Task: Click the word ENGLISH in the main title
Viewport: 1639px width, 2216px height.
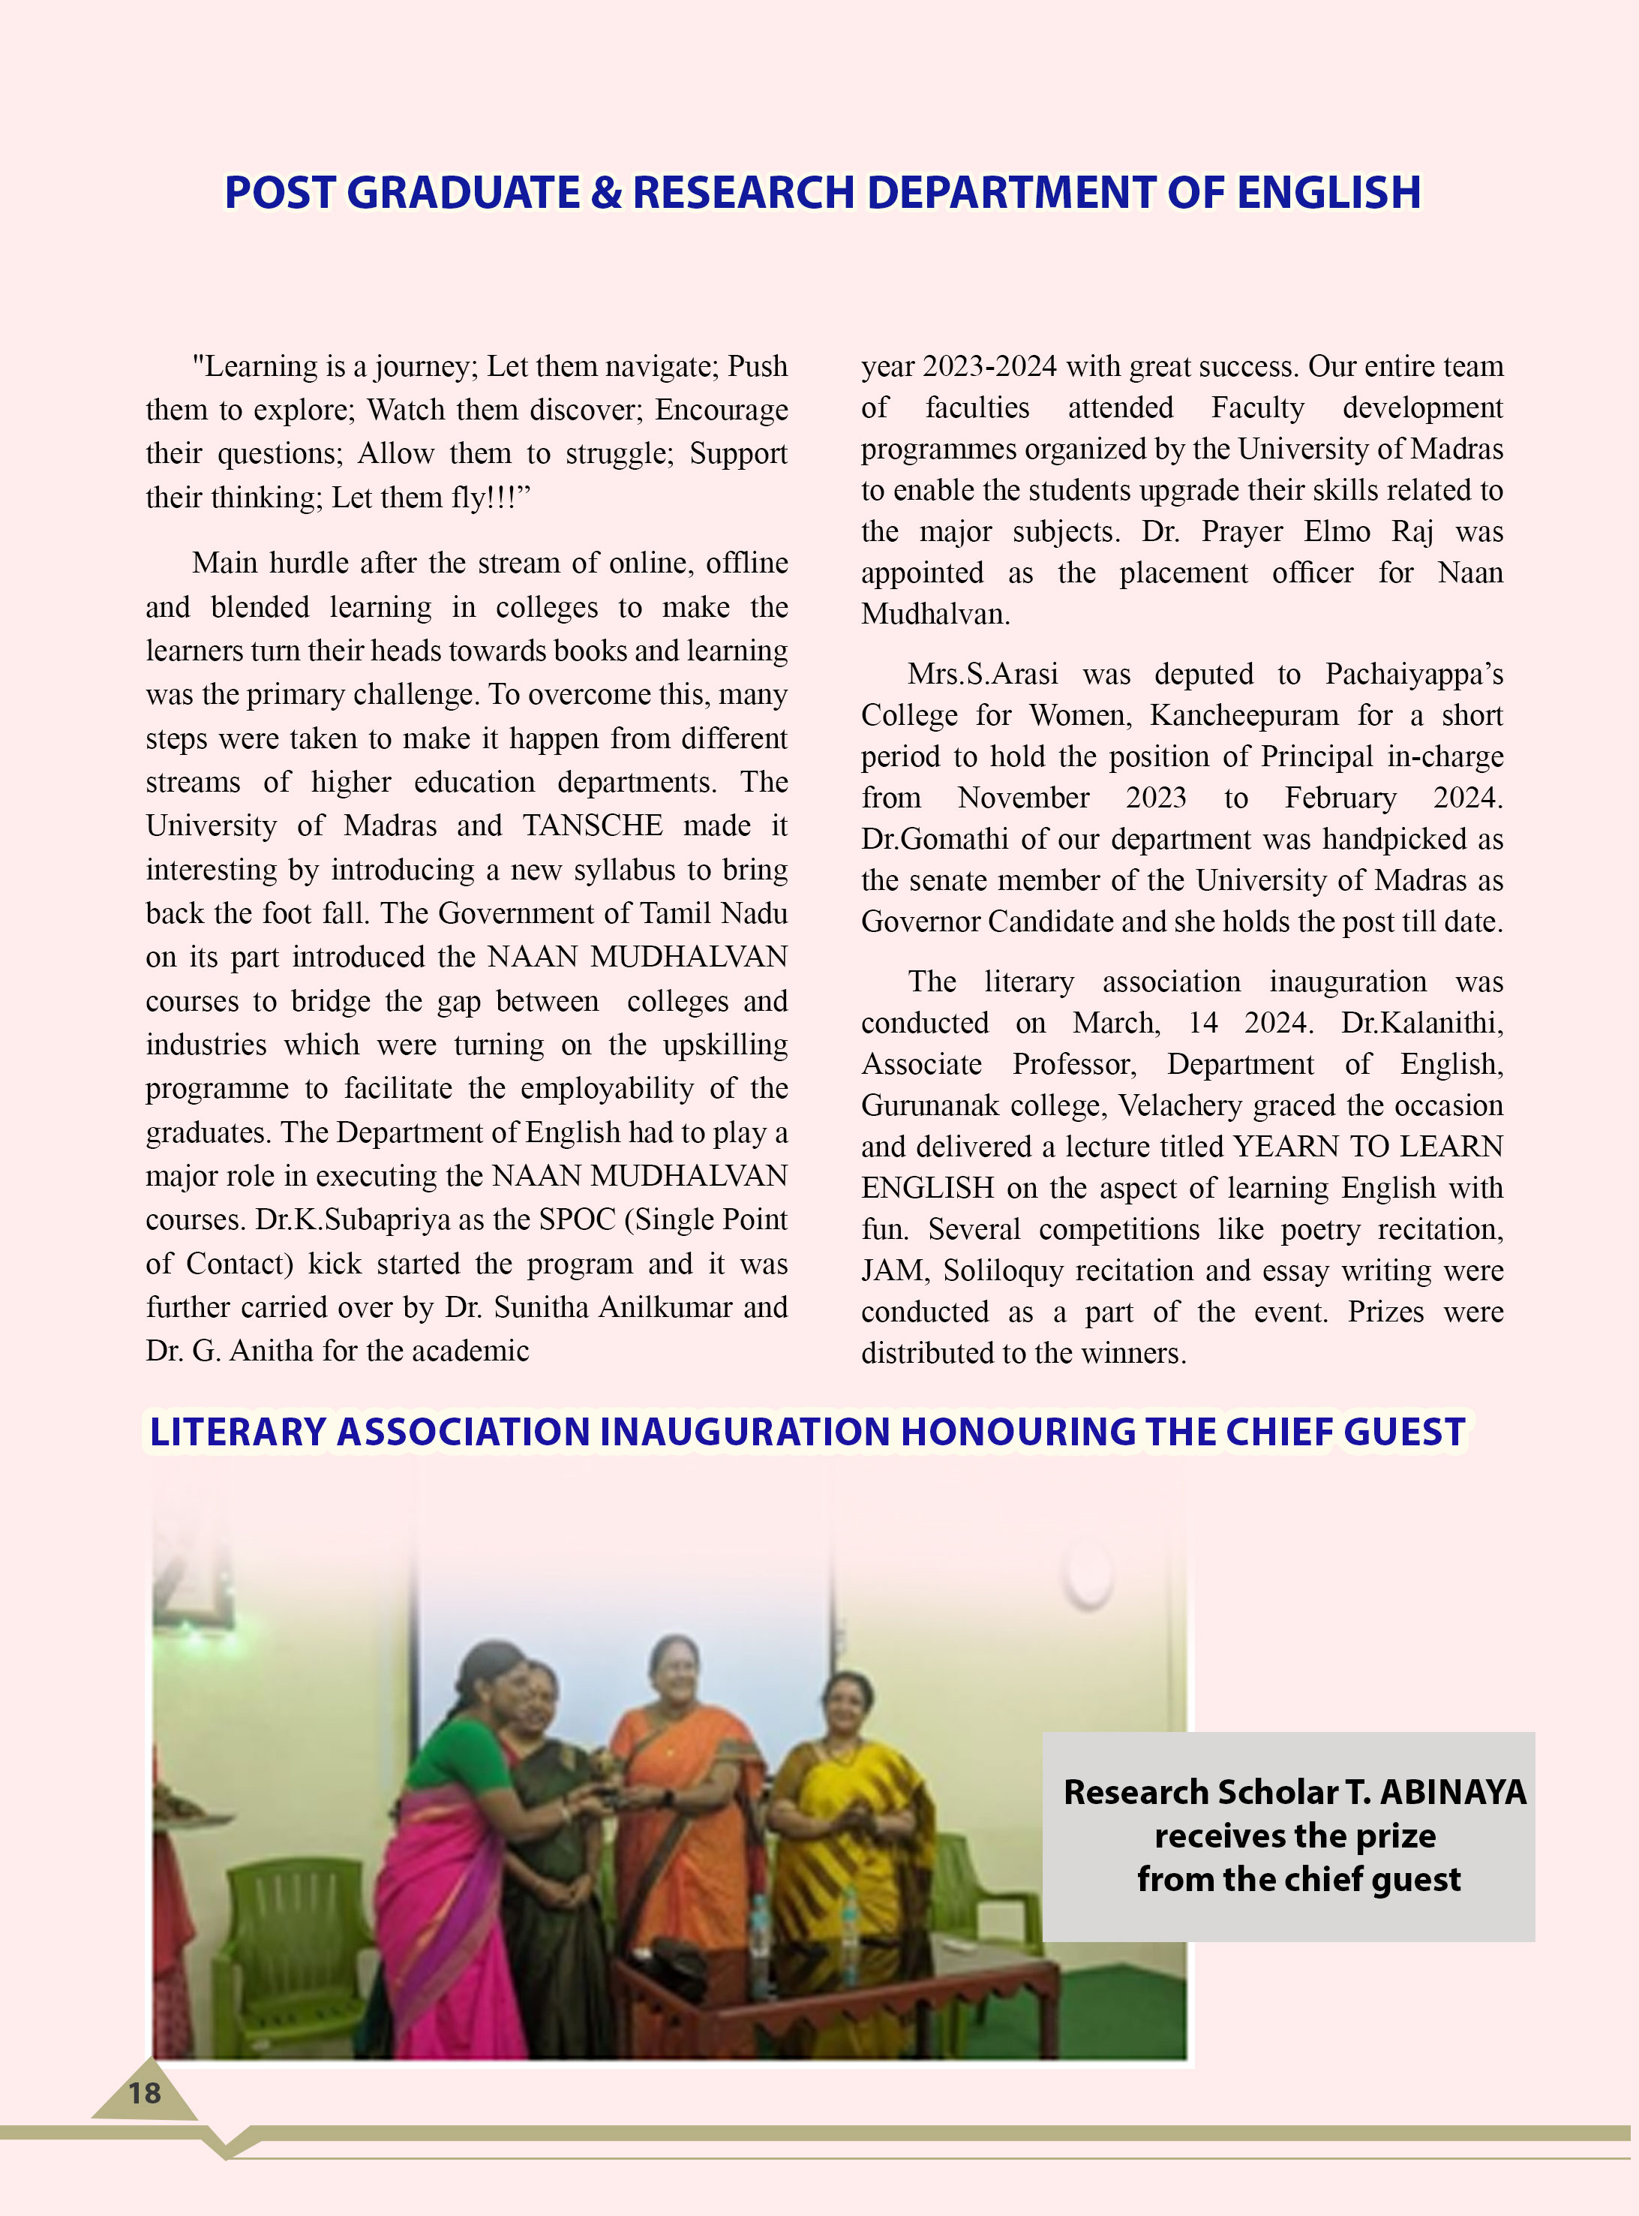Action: (1328, 193)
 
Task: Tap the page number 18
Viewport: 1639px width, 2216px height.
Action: (144, 2093)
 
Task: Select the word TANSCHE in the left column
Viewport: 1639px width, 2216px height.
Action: (593, 825)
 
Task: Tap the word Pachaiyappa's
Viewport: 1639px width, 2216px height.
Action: (1414, 675)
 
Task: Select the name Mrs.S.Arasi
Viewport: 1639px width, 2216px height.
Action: (982, 675)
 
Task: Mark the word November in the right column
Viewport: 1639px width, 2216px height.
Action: (1023, 798)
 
